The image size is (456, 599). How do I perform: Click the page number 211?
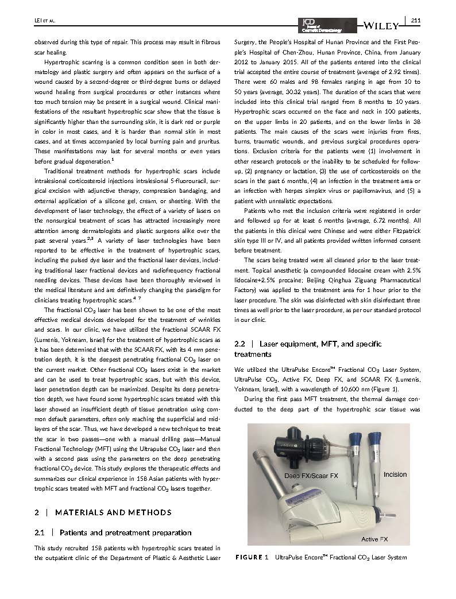(416, 21)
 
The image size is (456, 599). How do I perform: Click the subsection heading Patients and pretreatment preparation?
(125, 533)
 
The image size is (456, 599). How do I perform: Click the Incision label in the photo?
(395, 474)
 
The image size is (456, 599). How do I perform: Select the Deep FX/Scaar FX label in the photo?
(311, 476)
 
